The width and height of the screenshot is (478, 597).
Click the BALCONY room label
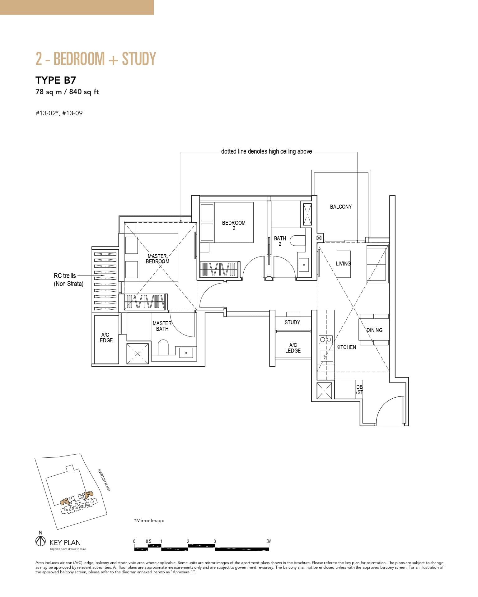pyautogui.click(x=341, y=207)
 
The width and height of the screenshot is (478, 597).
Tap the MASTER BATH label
pyautogui.click(x=162, y=326)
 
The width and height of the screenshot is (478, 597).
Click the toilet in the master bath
pyautogui.click(x=163, y=348)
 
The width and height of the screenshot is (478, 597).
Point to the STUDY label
pyautogui.click(x=292, y=322)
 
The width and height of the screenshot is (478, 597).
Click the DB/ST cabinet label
pyautogui.click(x=359, y=390)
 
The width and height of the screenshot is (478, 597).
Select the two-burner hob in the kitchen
pyautogui.click(x=326, y=340)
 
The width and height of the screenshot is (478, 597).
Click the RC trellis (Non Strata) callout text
pyautogui.click(x=68, y=280)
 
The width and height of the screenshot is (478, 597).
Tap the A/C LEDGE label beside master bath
pyautogui.click(x=105, y=338)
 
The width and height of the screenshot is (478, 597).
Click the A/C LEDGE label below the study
pyautogui.click(x=293, y=348)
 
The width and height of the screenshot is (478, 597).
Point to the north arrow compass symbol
pyautogui.click(x=40, y=541)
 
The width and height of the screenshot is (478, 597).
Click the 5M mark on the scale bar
pyautogui.click(x=269, y=541)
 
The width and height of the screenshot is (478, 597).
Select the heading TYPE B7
pyautogui.click(x=56, y=80)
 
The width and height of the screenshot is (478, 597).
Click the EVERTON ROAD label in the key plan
pyautogui.click(x=104, y=480)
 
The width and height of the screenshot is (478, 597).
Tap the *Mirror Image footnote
pyautogui.click(x=149, y=521)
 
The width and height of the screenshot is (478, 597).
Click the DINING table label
pyautogui.click(x=374, y=330)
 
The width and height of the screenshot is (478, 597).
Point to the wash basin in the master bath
pyautogui.click(x=186, y=353)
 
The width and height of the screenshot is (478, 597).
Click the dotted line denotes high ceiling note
pyautogui.click(x=266, y=151)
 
